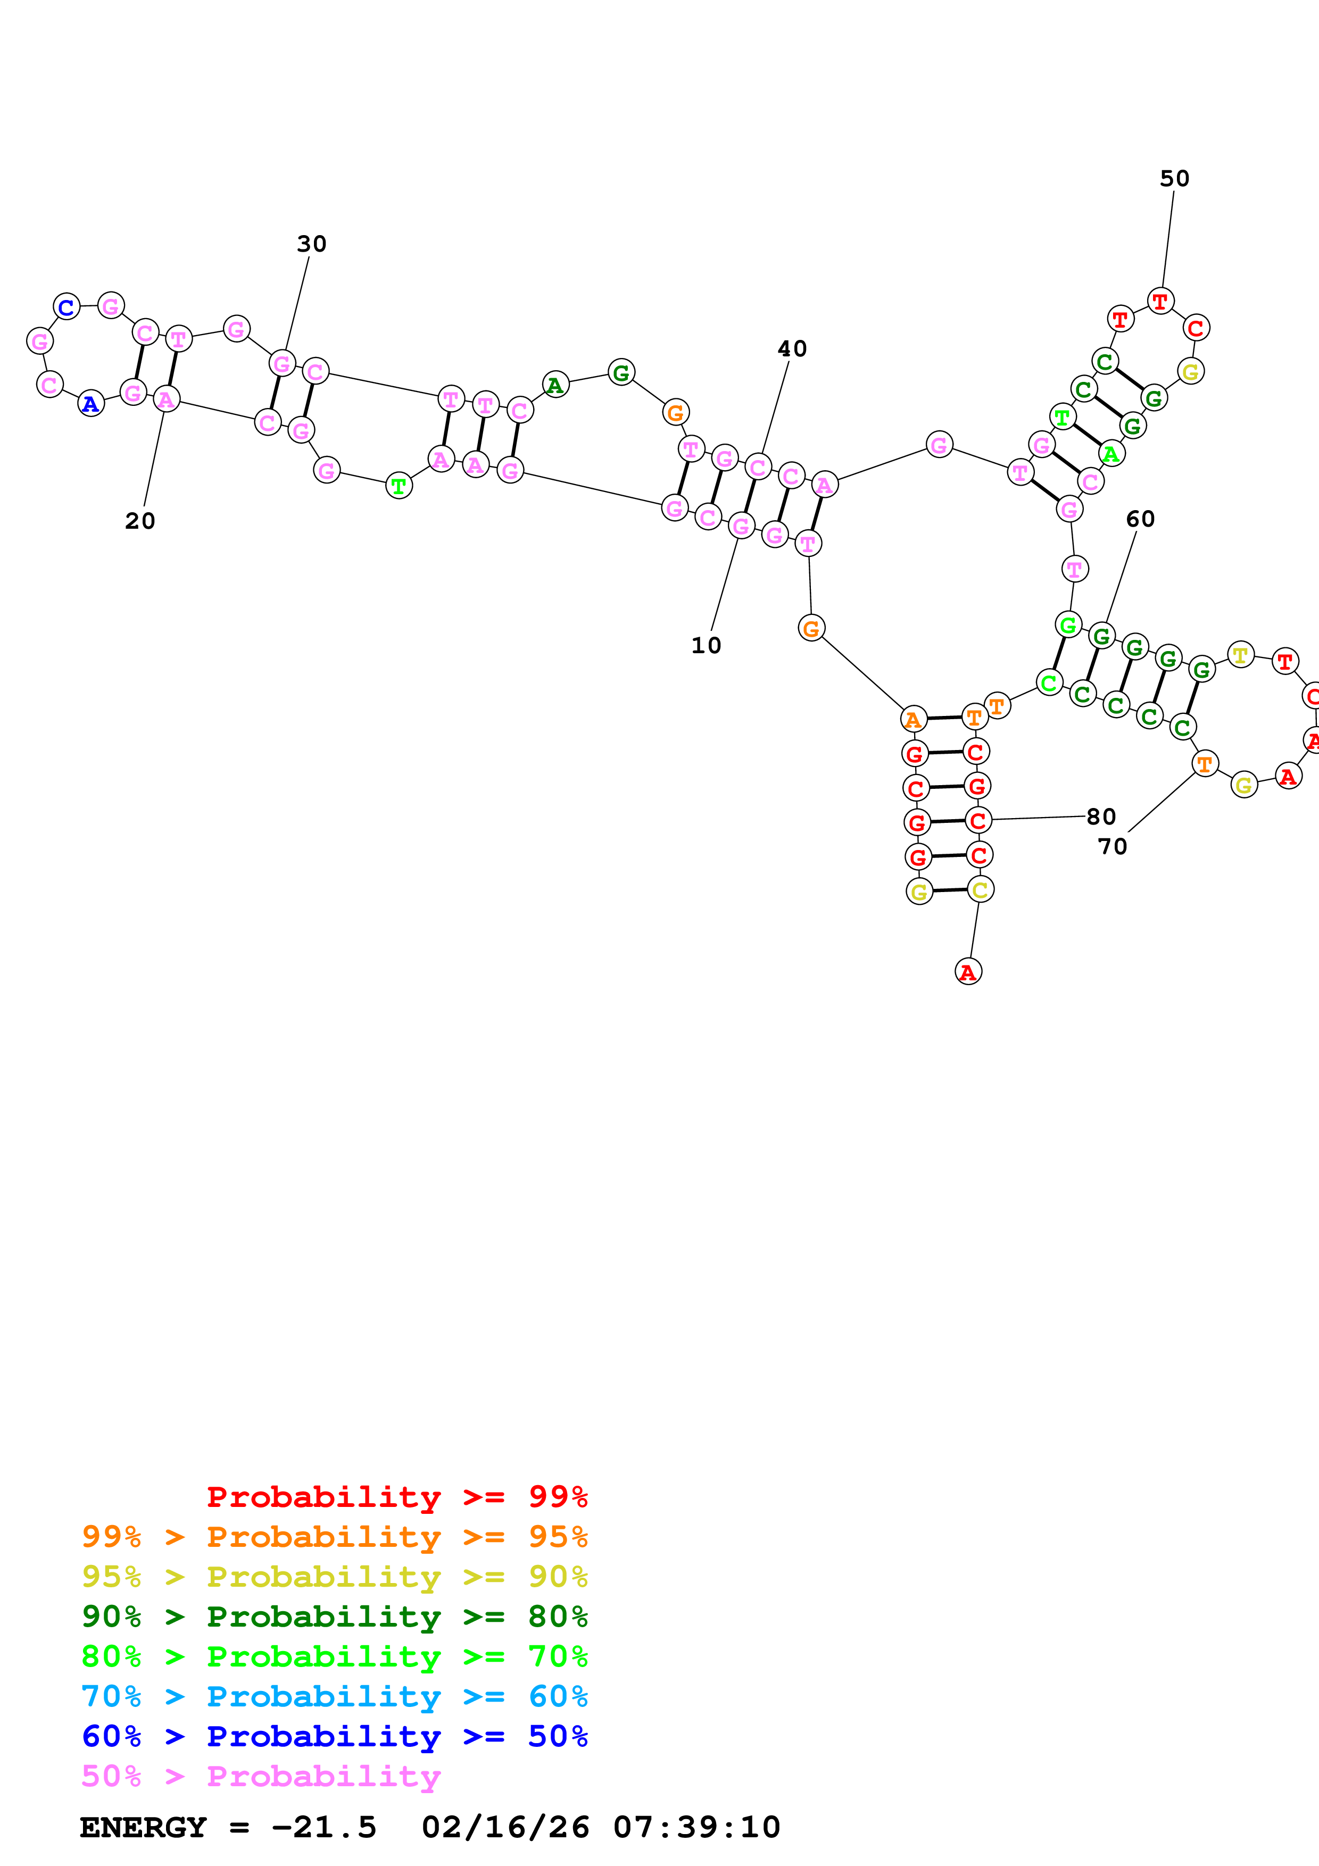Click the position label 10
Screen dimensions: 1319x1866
706,645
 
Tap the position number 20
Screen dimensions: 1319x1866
140,521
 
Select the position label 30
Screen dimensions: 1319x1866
311,244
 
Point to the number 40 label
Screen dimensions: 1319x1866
792,348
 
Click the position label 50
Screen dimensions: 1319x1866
1174,179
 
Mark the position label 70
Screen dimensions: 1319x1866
1112,847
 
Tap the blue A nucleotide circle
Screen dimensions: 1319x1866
91,404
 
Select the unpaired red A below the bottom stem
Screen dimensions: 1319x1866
968,971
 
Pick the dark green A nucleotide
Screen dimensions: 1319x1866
555,385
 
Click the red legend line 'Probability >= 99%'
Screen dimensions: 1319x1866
396,1496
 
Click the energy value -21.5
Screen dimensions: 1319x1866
323,1827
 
